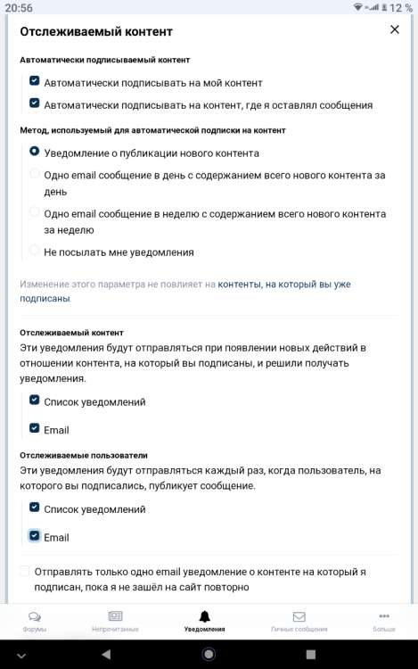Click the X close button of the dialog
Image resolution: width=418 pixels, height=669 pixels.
395,30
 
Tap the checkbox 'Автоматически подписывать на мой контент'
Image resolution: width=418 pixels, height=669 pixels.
35,81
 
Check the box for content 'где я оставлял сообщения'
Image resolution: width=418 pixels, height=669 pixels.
35,103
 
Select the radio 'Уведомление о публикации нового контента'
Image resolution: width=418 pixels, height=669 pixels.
35,153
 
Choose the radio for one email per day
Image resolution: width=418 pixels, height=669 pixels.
35,175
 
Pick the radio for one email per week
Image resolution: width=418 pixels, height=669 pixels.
35,213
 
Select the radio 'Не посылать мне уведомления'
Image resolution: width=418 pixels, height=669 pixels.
35,252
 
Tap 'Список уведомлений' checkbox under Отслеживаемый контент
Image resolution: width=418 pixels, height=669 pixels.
35,401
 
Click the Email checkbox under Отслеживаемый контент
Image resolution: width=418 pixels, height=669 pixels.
35,429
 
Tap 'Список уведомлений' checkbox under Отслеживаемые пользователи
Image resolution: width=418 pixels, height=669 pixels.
35,508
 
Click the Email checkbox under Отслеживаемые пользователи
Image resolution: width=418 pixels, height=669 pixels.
35,537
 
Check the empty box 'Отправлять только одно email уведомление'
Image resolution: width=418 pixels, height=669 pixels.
24,571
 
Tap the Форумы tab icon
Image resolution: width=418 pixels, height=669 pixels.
35,616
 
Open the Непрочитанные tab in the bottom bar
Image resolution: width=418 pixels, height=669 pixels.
115,616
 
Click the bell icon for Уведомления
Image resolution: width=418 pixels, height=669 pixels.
205,616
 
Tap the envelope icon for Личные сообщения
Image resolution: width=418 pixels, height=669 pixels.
299,616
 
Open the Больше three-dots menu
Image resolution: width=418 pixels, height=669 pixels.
384,616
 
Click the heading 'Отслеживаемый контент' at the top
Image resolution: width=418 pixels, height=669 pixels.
96,31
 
